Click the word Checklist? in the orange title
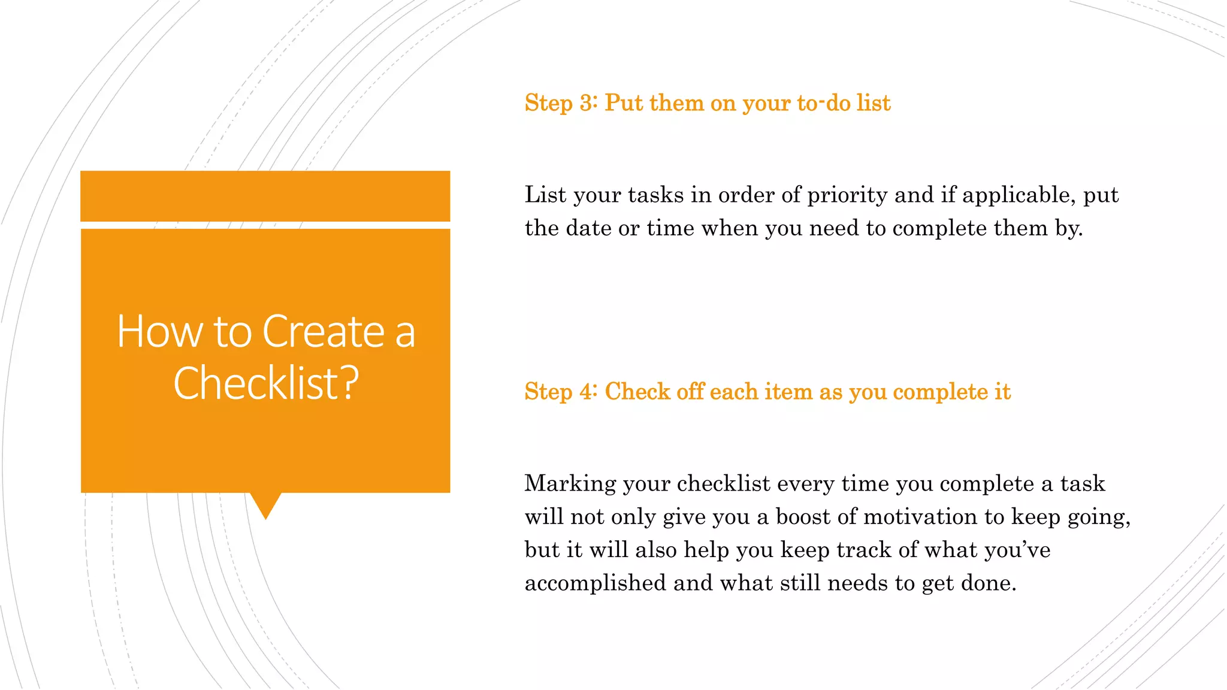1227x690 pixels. click(x=266, y=383)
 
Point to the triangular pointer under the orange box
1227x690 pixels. click(x=265, y=504)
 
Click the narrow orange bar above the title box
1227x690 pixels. click(x=265, y=196)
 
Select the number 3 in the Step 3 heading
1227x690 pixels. click(x=587, y=103)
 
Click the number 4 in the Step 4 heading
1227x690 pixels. click(x=587, y=392)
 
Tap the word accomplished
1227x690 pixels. click(x=595, y=583)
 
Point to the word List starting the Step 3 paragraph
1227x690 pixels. click(x=545, y=195)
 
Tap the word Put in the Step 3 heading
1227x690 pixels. click(x=624, y=103)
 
